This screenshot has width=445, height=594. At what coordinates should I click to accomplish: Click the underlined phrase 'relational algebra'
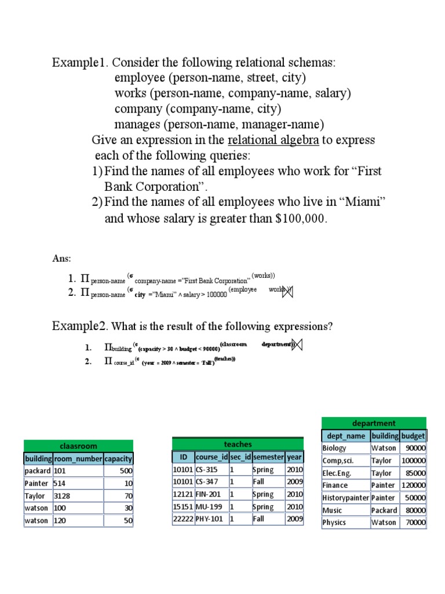pos(273,140)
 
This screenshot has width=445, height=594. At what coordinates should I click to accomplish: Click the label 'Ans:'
pos(61,258)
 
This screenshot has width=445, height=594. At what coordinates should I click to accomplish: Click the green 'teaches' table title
pos(238,444)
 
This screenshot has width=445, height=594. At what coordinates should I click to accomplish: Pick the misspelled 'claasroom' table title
pos(78,446)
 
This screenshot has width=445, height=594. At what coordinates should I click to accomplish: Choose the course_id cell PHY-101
pos(209,519)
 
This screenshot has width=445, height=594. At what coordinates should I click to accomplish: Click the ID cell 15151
pos(183,507)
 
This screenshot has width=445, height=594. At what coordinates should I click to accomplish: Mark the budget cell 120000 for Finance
pos(413,485)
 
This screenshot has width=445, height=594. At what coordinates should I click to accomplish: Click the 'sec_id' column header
pos(240,457)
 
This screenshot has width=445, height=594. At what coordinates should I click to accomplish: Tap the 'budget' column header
pos(413,436)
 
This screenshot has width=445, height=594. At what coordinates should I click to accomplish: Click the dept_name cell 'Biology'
pos(334,448)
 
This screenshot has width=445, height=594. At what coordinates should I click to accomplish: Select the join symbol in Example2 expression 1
pos(298,346)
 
